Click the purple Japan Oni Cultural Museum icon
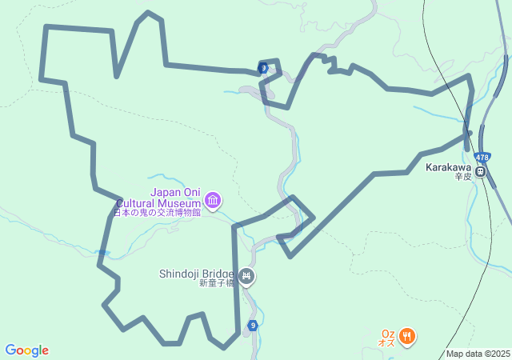212,200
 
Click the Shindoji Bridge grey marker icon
246,277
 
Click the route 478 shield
482,157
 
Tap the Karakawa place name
448,168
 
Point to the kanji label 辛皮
464,177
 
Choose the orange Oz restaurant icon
407,335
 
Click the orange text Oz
388,334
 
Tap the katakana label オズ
387,342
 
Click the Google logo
26,350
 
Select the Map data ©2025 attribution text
478,354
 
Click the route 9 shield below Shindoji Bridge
253,325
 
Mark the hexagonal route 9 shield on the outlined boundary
263,68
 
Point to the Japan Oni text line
175,192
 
